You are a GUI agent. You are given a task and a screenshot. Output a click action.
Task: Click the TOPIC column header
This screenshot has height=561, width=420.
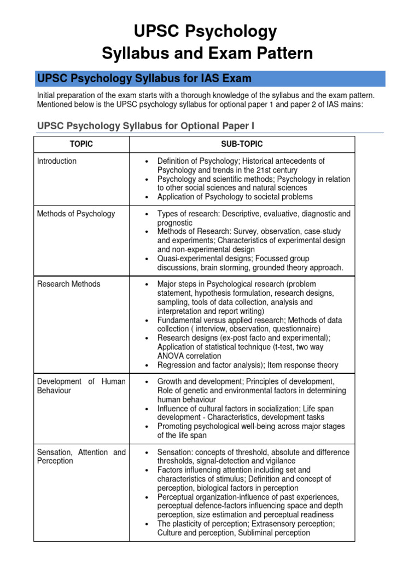tap(81, 144)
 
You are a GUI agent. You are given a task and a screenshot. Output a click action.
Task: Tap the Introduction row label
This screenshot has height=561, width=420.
tap(57, 161)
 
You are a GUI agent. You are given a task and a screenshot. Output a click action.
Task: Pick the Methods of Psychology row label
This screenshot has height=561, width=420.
tap(76, 214)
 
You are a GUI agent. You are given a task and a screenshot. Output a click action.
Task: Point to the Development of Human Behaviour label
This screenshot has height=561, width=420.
tap(81, 386)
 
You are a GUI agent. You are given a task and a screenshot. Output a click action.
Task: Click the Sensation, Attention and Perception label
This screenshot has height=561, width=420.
tap(81, 456)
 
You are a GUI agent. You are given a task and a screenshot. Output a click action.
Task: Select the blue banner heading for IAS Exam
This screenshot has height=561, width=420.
tap(144, 78)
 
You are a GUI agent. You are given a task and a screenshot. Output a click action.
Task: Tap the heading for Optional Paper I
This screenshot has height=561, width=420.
tap(145, 127)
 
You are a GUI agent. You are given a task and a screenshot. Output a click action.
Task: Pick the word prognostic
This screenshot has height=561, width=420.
tap(174, 223)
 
